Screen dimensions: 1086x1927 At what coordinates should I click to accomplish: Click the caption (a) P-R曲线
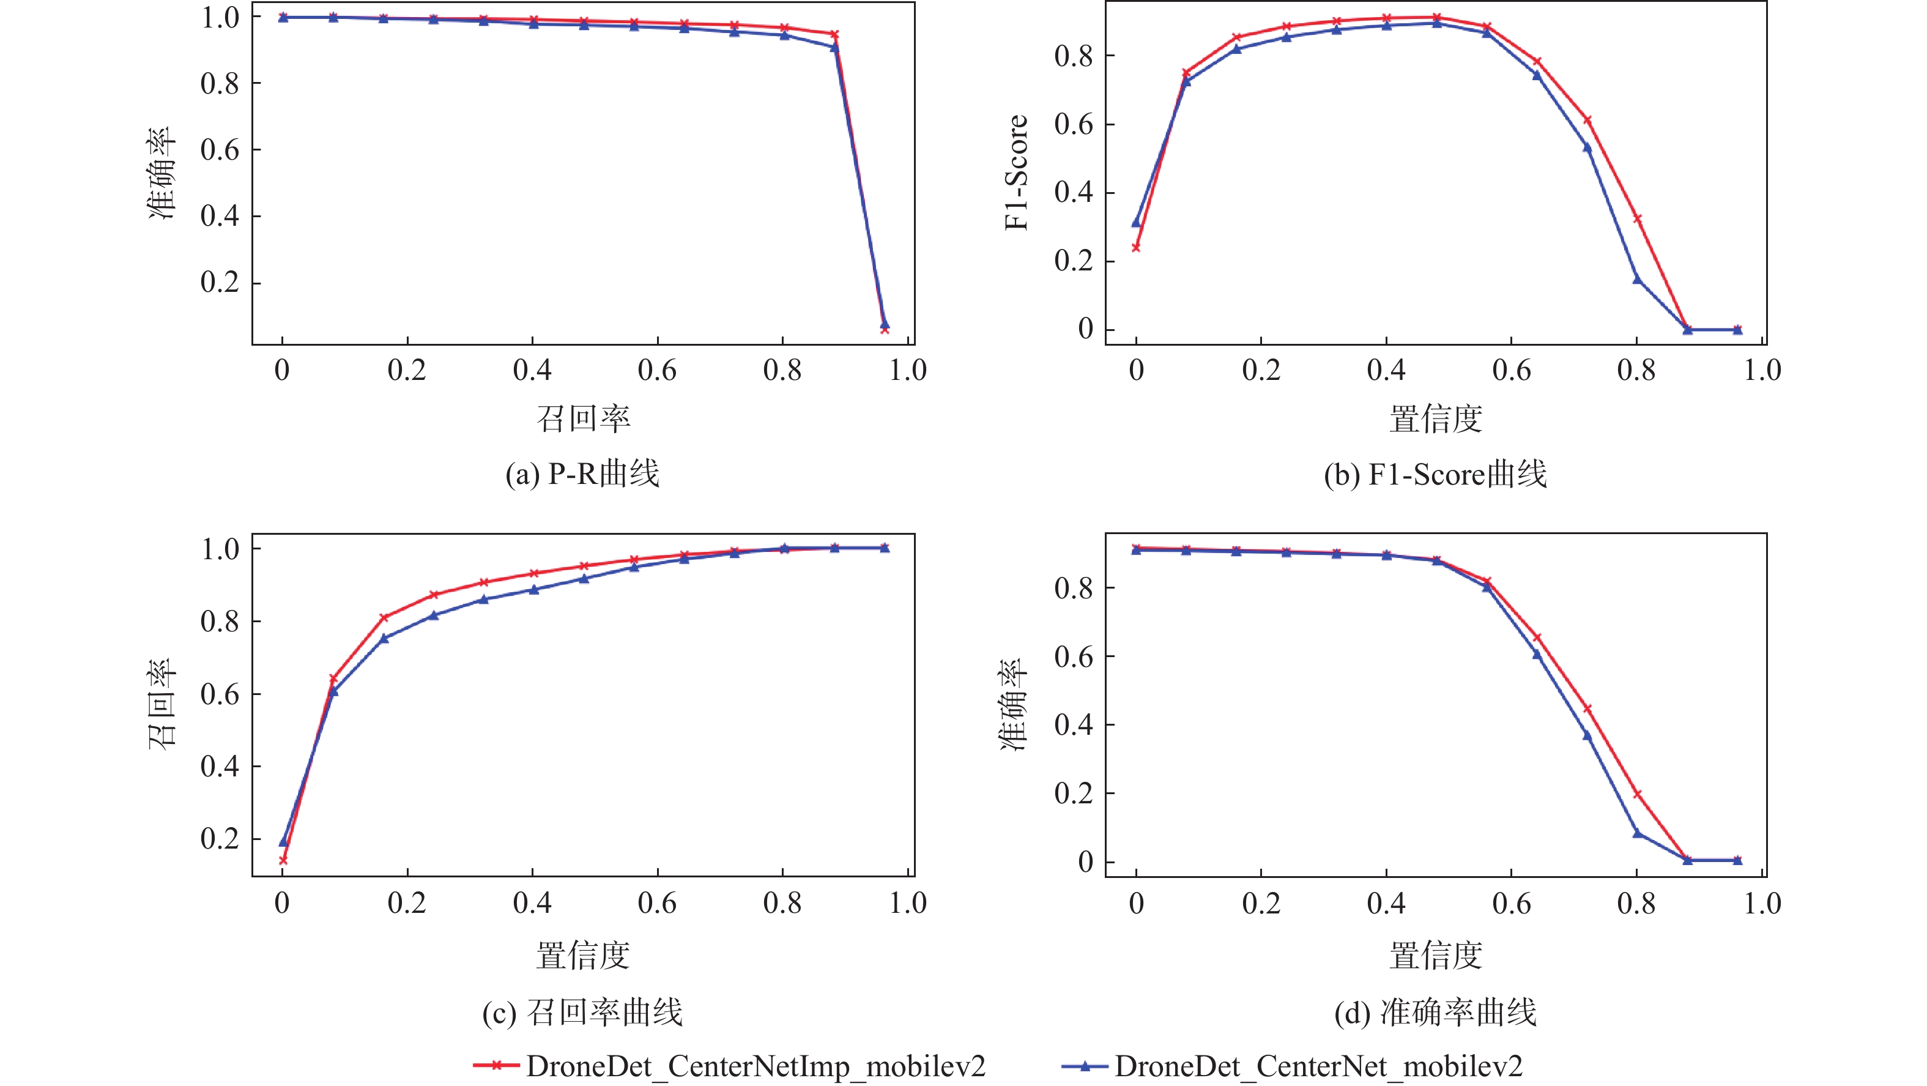pyautogui.click(x=582, y=474)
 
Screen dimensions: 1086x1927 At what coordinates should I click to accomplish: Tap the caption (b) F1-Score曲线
pyautogui.click(x=1435, y=474)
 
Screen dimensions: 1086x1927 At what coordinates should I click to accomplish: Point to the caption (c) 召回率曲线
pyautogui.click(x=582, y=1013)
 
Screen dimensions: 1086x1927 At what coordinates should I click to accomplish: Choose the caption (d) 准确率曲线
pyautogui.click(x=1435, y=1013)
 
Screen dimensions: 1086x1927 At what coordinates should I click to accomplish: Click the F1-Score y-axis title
pyautogui.click(x=1017, y=173)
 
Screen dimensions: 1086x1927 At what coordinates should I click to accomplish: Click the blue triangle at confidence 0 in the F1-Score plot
pyautogui.click(x=1136, y=222)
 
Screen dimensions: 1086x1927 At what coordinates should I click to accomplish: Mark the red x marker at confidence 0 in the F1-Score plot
pyautogui.click(x=1136, y=247)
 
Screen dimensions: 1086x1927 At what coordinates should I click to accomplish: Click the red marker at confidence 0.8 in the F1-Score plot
pyautogui.click(x=1637, y=219)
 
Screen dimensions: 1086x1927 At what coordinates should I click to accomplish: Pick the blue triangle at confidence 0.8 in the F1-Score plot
pyautogui.click(x=1637, y=279)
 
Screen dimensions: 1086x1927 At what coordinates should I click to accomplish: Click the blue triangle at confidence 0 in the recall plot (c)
pyautogui.click(x=283, y=842)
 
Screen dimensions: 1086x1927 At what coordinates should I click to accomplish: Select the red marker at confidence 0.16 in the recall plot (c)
pyautogui.click(x=384, y=618)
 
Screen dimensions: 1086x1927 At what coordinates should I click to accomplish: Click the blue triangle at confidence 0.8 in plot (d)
pyautogui.click(x=1637, y=833)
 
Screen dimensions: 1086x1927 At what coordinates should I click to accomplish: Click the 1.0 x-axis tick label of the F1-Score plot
pyautogui.click(x=1762, y=370)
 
